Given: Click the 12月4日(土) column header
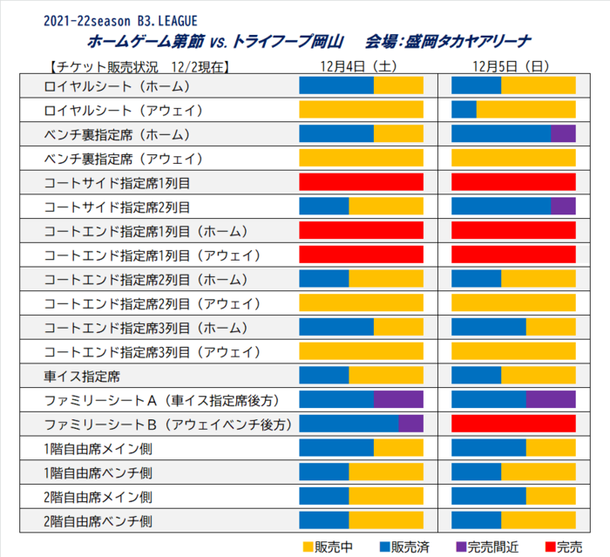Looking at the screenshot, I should (360, 66).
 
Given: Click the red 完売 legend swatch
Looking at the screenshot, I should (549, 546).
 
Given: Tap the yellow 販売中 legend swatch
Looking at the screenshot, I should (308, 546).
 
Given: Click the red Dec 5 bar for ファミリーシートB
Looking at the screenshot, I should (513, 424).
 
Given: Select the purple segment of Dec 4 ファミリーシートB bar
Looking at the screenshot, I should (410, 424).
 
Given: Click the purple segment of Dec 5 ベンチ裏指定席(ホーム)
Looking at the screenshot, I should (563, 134).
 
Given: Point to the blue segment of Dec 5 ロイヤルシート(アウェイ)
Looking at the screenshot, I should (464, 110).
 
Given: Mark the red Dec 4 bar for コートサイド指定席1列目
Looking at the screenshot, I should (361, 182).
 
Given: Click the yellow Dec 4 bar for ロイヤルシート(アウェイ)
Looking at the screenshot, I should (361, 110).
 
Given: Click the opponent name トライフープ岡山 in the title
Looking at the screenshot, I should (288, 41).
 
